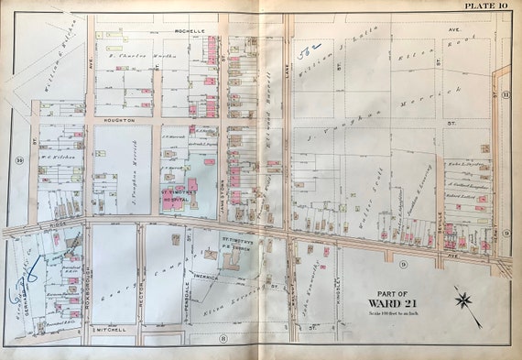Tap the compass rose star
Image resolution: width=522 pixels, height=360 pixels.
[465, 298]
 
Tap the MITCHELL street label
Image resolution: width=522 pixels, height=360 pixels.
[114, 326]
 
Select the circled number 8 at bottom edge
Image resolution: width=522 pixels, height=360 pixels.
[223, 337]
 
